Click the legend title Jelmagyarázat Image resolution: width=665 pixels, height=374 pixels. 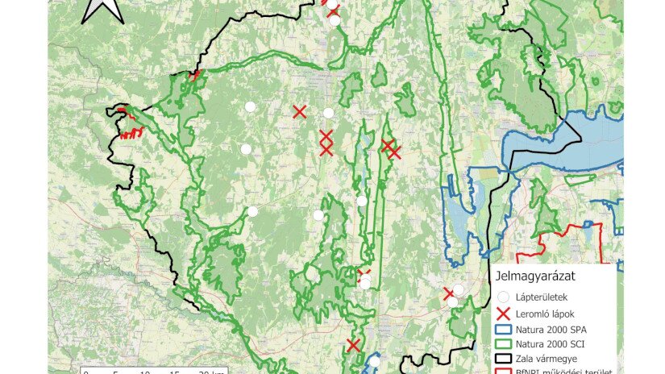point(535,276)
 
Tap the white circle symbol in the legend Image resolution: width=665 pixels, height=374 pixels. point(504,297)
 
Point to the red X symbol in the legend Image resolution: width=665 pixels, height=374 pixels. point(504,314)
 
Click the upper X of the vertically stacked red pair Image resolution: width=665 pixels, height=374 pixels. point(326,137)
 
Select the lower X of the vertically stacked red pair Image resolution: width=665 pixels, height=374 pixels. point(326,149)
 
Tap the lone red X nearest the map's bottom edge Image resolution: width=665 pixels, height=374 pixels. point(352,345)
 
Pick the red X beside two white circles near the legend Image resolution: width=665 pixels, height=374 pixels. point(449,293)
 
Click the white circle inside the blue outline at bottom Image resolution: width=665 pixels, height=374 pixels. point(373,362)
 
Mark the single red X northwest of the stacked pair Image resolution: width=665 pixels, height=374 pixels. point(299,111)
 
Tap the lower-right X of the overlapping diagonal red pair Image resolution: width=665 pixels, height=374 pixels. point(393,152)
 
